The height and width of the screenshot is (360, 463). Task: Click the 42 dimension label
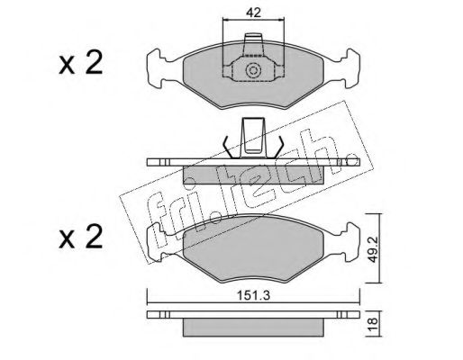pos(253,13)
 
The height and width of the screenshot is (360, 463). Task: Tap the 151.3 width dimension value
pos(254,295)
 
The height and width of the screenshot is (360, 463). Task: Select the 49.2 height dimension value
pos(374,248)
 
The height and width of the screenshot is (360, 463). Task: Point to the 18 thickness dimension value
pos(373,325)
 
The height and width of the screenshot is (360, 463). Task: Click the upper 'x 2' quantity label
pos(81,63)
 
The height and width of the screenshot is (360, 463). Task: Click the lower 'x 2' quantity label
pos(81,237)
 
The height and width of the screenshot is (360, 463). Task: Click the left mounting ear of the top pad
pos(157,68)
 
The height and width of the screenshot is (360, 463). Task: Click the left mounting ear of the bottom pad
pos(157,242)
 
